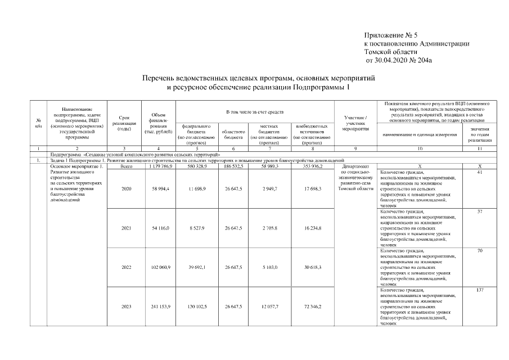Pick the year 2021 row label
127,228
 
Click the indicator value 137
480,290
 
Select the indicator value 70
480,250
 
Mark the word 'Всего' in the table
127,166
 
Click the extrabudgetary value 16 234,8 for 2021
311,228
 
